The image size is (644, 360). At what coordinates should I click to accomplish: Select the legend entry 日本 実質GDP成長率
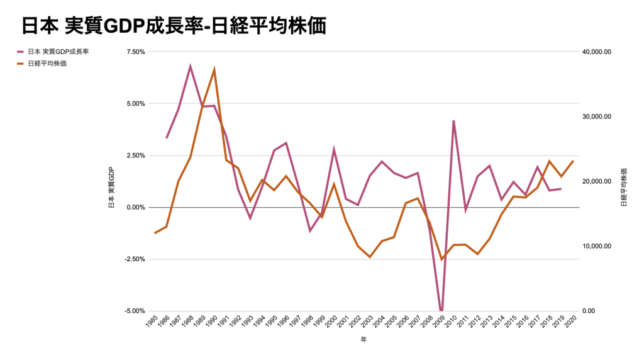pyautogui.click(x=58, y=52)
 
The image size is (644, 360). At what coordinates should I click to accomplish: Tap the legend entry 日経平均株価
pyautogui.click(x=47, y=64)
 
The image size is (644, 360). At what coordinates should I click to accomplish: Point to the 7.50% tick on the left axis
pyautogui.click(x=136, y=52)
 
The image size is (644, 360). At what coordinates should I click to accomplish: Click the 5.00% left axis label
pyautogui.click(x=136, y=104)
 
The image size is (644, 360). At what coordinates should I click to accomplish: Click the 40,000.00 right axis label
pyautogui.click(x=597, y=52)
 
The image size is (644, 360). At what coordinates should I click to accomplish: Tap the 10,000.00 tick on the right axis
pyautogui.click(x=597, y=246)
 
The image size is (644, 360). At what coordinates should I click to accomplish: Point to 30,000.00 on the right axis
pyautogui.click(x=597, y=116)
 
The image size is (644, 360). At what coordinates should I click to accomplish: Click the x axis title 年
pyautogui.click(x=364, y=340)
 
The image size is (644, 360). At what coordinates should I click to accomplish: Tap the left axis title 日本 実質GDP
pyautogui.click(x=111, y=187)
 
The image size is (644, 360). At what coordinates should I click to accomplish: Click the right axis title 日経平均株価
pyautogui.click(x=624, y=187)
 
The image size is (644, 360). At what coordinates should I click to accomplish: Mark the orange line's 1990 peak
pyautogui.click(x=214, y=70)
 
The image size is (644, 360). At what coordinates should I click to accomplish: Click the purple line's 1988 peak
pyautogui.click(x=191, y=66)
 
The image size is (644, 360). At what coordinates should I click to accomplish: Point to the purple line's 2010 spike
pyautogui.click(x=453, y=121)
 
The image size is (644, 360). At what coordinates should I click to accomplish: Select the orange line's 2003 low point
pyautogui.click(x=370, y=257)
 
